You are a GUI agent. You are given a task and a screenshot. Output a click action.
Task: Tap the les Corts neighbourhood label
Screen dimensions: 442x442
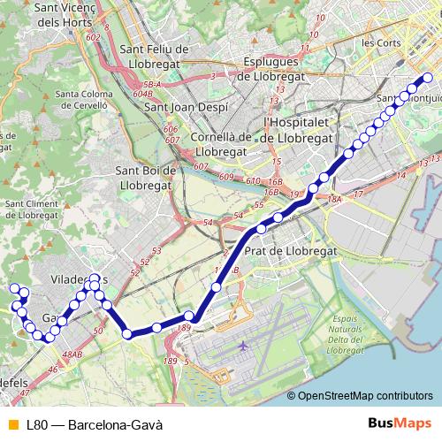click(381, 42)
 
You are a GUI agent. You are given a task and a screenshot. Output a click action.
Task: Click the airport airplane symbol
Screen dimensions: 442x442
click(244, 346)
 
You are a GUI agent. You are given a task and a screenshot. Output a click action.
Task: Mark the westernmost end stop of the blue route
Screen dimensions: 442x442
click(13, 288)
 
